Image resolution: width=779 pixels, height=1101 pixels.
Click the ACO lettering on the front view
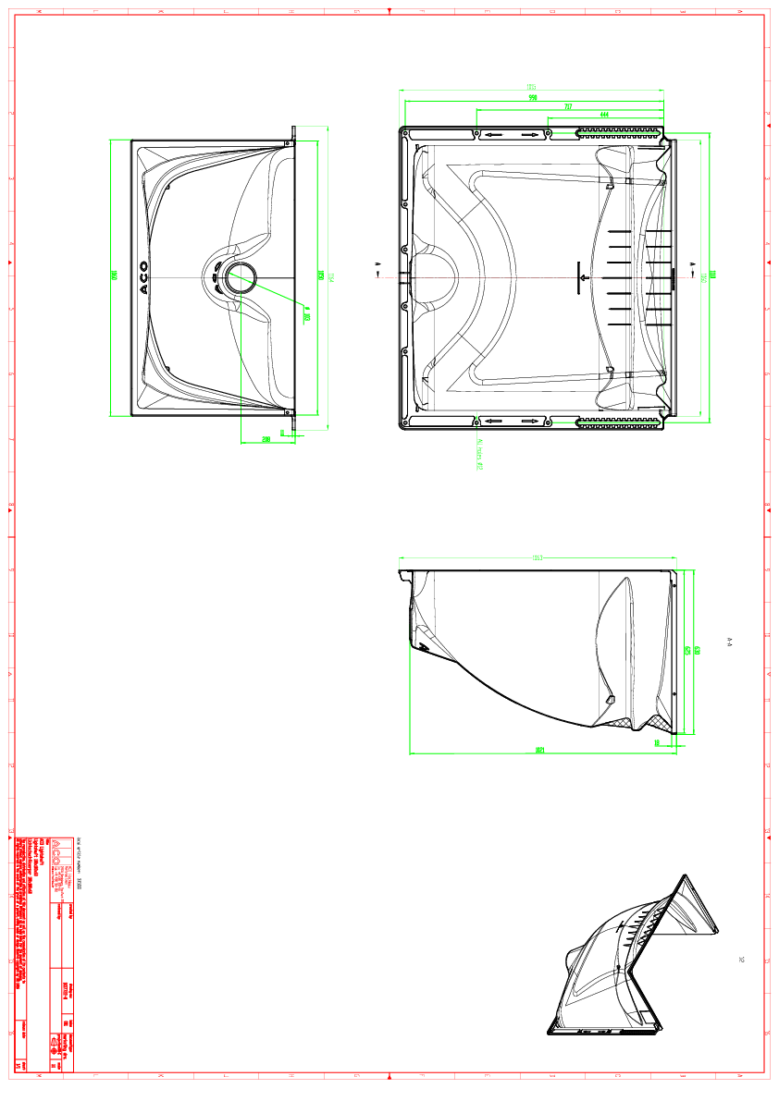click(143, 278)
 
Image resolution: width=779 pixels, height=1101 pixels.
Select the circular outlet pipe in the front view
click(241, 277)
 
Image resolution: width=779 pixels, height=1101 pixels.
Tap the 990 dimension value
click(533, 97)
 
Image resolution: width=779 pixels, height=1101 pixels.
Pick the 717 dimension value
click(568, 107)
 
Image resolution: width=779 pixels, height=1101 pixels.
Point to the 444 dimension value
click(604, 115)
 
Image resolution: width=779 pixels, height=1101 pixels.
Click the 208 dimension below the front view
click(266, 439)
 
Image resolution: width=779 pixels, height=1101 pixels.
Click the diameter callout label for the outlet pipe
click(306, 317)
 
